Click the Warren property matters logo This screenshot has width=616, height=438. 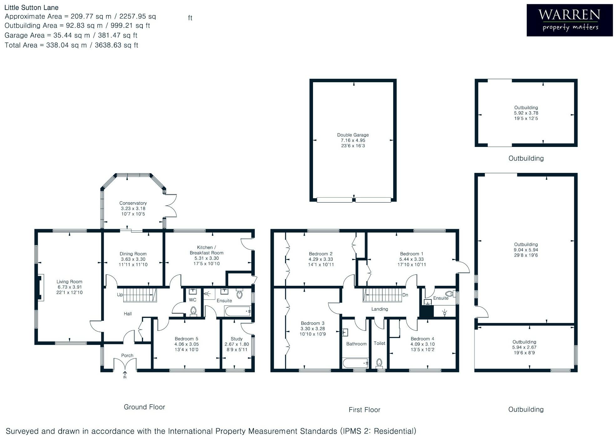tap(569, 20)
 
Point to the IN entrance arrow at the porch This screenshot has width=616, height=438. tap(125, 375)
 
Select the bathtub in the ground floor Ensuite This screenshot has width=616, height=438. tap(238, 311)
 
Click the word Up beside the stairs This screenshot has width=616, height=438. tap(120, 295)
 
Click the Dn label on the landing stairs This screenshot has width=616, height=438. tap(405, 295)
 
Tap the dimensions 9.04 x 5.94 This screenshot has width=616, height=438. tap(526, 250)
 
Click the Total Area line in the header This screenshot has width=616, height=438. tap(71, 45)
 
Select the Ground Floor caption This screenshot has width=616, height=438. tap(144, 407)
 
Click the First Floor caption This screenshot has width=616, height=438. tap(364, 410)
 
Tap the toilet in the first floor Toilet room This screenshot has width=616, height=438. tap(379, 363)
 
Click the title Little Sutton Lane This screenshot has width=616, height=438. tap(31, 8)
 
